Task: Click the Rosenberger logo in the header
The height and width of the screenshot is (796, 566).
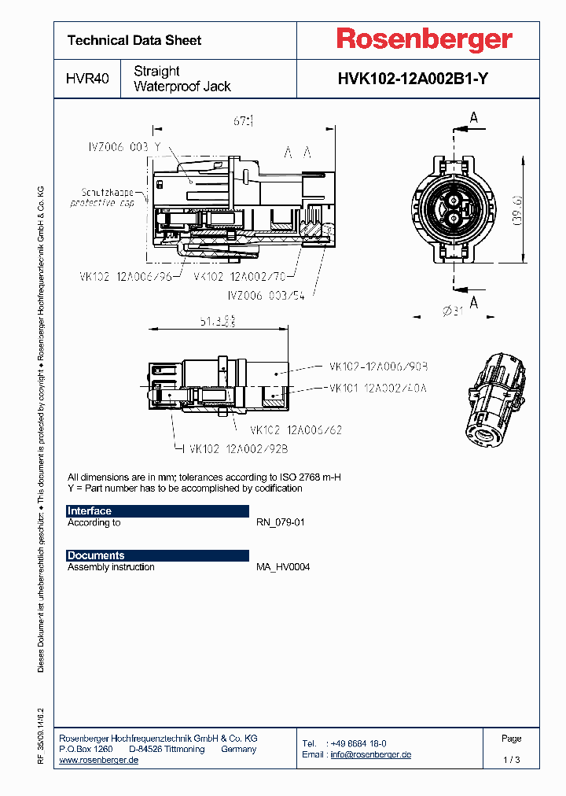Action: pos(424,39)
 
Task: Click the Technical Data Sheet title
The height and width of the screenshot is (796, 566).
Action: pos(134,40)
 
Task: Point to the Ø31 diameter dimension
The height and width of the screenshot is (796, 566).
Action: pos(454,311)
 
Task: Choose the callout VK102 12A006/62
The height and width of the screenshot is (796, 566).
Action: pos(296,430)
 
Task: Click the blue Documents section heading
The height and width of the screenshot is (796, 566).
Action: pos(96,555)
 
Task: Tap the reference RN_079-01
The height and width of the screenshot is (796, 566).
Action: pos(281,522)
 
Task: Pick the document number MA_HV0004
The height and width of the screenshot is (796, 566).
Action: pos(283,566)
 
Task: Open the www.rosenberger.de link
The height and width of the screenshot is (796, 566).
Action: pos(99,760)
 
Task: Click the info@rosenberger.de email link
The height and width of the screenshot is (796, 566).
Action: pos(370,754)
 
